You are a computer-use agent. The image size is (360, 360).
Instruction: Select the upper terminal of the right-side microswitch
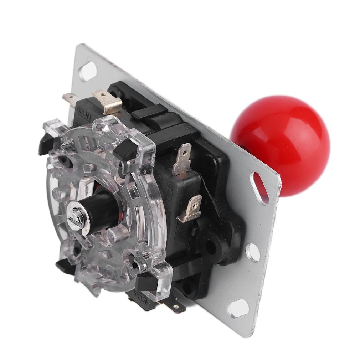coord(182,158)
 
